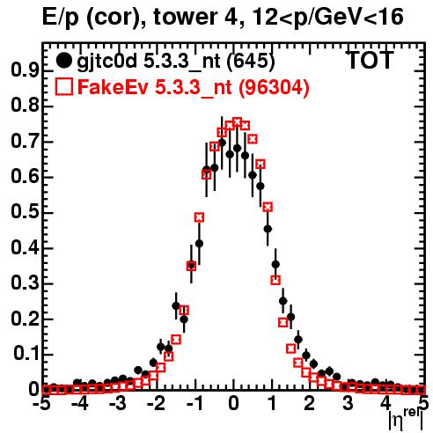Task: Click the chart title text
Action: [x=223, y=18]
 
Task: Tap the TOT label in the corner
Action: [x=371, y=60]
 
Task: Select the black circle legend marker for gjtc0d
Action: [x=63, y=61]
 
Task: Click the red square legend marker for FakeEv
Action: [x=63, y=87]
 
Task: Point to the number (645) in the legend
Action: [x=251, y=61]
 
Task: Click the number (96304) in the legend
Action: [x=274, y=87]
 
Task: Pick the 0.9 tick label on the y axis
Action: [x=25, y=70]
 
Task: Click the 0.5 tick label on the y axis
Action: [x=25, y=212]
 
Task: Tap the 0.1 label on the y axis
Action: [x=26, y=354]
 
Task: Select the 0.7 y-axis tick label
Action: [x=25, y=142]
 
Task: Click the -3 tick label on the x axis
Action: [x=118, y=404]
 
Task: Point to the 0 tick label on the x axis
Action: [x=233, y=404]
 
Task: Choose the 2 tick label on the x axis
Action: [x=310, y=404]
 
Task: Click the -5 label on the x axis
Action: [x=42, y=404]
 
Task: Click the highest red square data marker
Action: [x=237, y=121]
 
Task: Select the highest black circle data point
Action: [x=222, y=143]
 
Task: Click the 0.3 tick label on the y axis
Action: [x=25, y=283]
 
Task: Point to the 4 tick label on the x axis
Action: [x=386, y=404]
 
